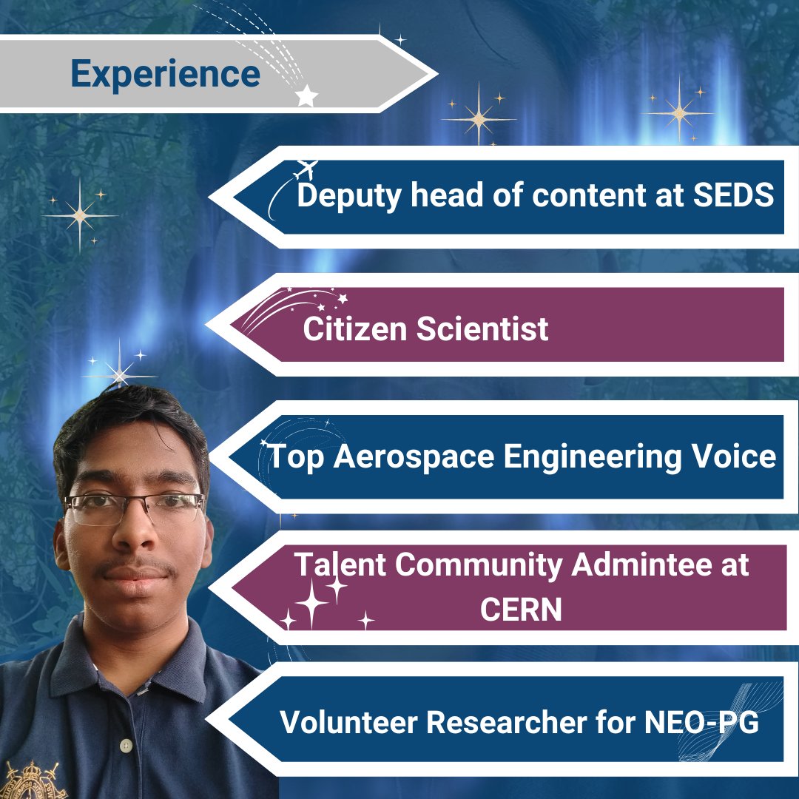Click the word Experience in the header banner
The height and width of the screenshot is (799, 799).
coord(165,74)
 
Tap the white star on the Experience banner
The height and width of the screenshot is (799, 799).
coord(306,95)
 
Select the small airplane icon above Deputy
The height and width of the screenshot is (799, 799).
coord(305,170)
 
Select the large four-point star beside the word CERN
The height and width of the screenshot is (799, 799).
coord(312,604)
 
